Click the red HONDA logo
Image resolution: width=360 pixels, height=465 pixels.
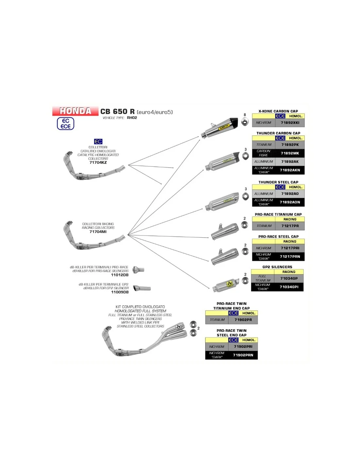(x=75, y=111)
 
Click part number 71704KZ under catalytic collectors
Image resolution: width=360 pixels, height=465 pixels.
(x=98, y=163)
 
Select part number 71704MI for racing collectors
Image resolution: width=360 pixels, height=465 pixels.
(x=98, y=232)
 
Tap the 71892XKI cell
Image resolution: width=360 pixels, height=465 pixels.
(x=290, y=123)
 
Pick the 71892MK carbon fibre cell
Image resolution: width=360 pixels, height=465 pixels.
(x=290, y=153)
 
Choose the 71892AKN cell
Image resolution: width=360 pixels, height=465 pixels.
(x=290, y=170)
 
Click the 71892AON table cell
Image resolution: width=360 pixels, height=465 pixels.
(x=290, y=202)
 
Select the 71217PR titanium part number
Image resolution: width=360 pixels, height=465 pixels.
(x=290, y=226)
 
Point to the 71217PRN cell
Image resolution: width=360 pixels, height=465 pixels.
(x=290, y=257)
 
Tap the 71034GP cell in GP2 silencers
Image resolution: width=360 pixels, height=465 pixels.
(x=289, y=279)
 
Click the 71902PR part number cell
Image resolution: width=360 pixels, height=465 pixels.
(x=243, y=320)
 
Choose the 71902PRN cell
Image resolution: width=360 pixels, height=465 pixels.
(x=243, y=355)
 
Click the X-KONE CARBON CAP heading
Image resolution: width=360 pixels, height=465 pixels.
(x=278, y=111)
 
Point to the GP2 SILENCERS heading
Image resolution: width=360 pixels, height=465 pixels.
(x=277, y=267)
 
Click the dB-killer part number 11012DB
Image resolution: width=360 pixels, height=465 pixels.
(x=120, y=275)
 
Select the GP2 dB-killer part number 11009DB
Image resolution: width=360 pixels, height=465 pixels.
(x=120, y=292)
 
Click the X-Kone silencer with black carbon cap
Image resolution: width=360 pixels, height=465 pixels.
(x=220, y=128)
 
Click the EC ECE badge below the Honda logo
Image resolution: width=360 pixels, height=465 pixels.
(x=65, y=124)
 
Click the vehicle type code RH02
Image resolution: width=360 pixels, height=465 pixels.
(x=132, y=118)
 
